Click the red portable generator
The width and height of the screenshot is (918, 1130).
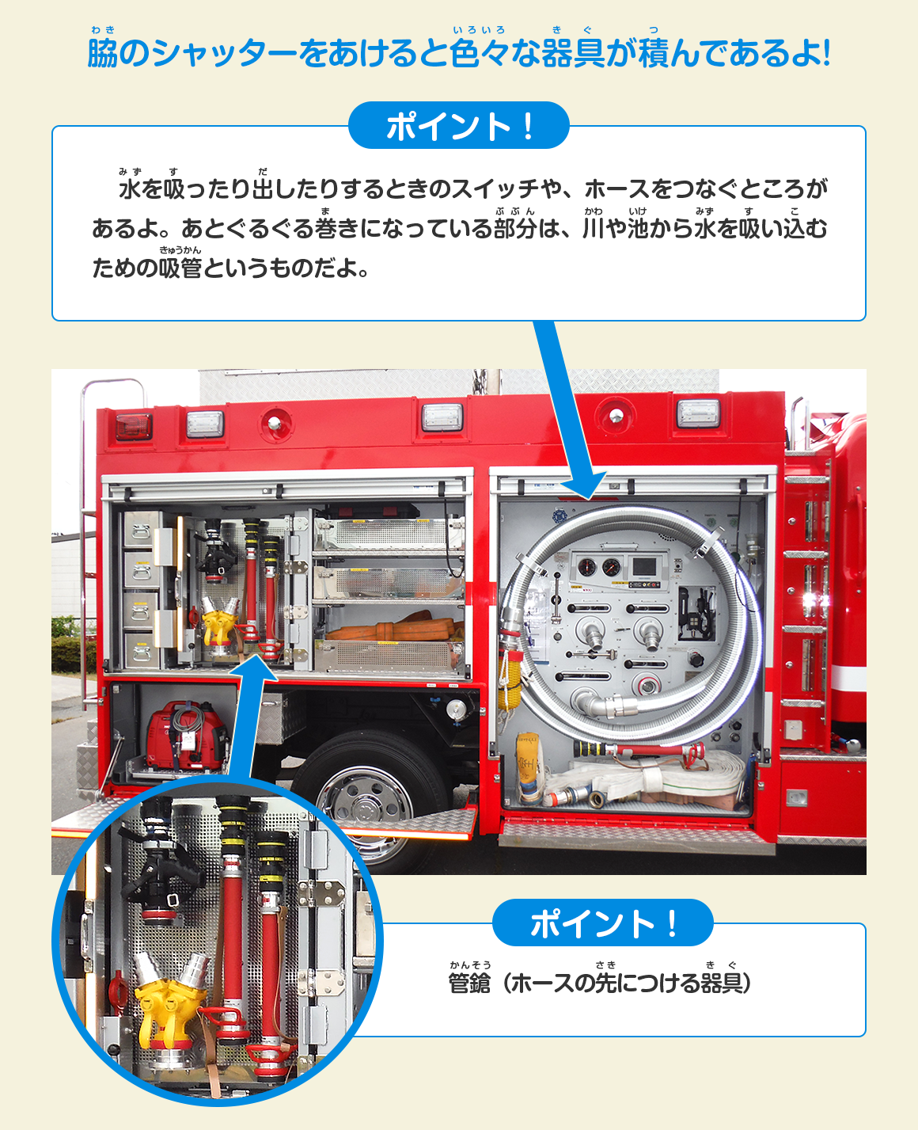coord(185,735)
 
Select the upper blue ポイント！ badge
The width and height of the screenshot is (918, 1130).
coord(458,125)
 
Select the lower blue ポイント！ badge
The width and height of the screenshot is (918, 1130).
coord(603,923)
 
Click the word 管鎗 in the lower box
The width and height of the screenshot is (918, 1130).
coord(469,983)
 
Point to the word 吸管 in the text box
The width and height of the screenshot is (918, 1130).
coord(180,268)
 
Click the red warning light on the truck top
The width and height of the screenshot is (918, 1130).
coord(134,427)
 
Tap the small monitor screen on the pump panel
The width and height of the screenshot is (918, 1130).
coord(644,567)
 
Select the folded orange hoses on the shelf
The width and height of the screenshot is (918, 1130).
coord(393,627)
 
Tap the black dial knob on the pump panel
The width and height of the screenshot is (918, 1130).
coord(696,660)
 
